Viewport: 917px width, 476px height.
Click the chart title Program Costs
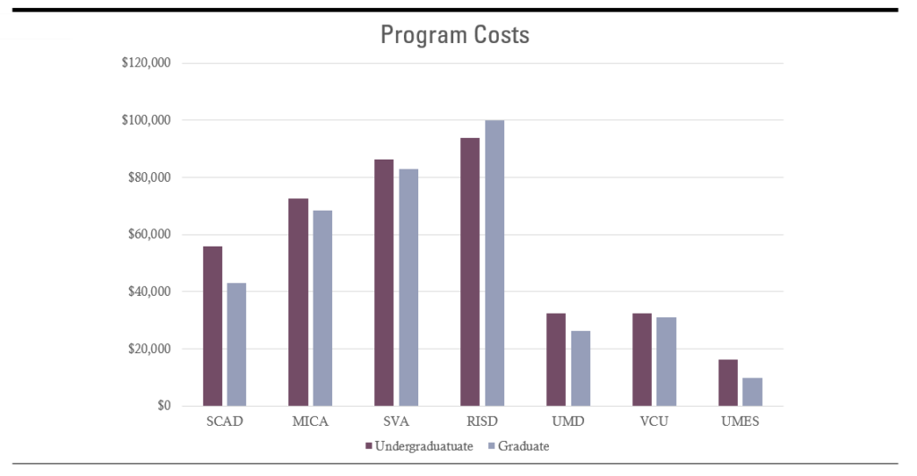click(x=455, y=35)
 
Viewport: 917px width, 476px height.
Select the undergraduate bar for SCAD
click(x=212, y=326)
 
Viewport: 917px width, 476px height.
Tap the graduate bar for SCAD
click(x=236, y=344)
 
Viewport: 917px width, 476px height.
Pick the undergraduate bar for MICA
click(x=298, y=302)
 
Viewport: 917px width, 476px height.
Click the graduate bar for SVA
click(x=408, y=288)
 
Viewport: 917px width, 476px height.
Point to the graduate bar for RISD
click(x=494, y=263)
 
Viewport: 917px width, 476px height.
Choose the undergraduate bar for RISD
click(x=469, y=272)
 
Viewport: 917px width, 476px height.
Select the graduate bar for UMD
click(x=580, y=368)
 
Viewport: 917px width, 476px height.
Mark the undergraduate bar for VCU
click(x=641, y=359)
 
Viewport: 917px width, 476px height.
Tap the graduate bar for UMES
click(x=752, y=392)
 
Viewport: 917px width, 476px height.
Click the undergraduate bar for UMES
click(x=728, y=382)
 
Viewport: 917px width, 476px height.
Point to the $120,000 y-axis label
click(x=146, y=63)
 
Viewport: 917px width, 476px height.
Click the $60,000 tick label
click(x=150, y=234)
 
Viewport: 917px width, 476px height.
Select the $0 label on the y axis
click(x=164, y=405)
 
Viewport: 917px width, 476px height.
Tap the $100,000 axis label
click(x=146, y=120)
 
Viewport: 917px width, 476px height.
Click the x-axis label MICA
click(x=311, y=421)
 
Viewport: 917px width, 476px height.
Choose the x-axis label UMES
click(x=741, y=421)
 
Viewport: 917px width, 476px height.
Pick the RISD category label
click(x=483, y=421)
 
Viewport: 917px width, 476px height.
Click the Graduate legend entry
click(x=518, y=446)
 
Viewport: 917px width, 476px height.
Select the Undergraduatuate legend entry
click(x=419, y=446)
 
